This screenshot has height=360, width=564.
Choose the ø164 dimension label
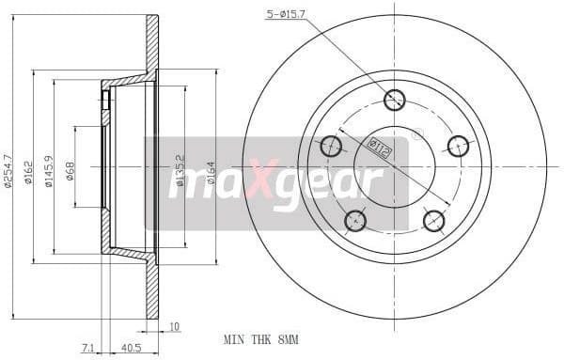211,169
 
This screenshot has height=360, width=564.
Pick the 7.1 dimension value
87,348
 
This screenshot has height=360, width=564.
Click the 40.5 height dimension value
132,348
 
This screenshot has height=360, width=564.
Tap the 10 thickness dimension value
175,328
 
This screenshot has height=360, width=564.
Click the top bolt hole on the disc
395,99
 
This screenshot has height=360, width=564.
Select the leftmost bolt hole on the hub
331,146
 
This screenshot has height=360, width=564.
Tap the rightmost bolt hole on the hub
458,145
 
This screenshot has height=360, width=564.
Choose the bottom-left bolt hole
355,221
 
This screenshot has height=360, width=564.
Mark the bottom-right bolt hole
433,221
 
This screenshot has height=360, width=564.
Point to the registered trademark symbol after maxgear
417,133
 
